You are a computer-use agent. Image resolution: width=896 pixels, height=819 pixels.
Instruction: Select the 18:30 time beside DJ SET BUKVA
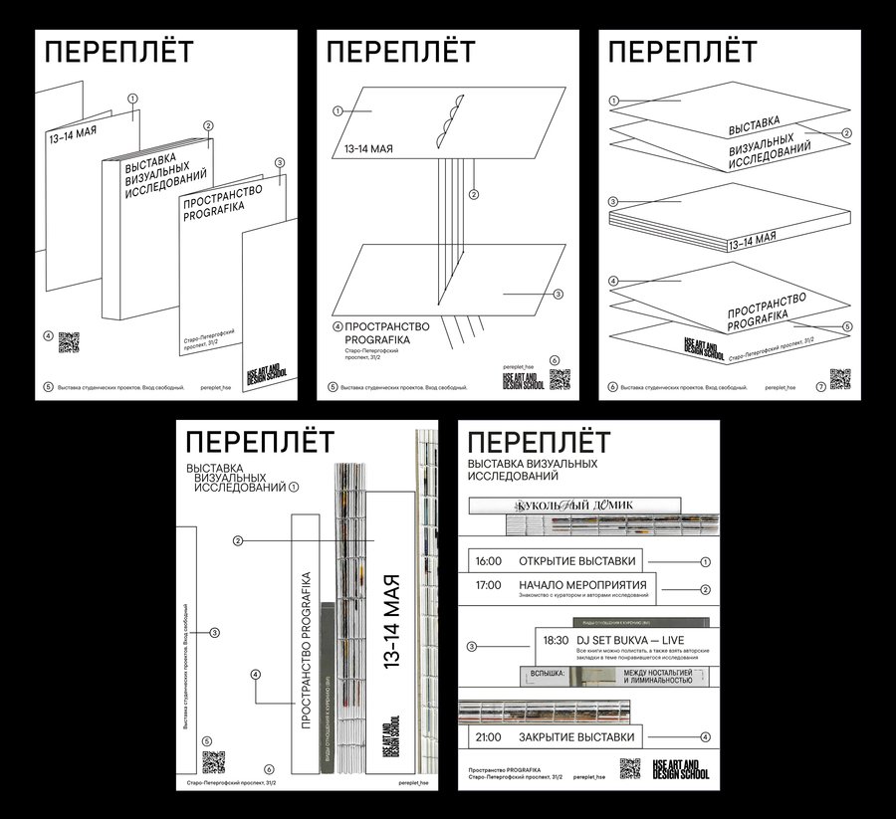(x=555, y=640)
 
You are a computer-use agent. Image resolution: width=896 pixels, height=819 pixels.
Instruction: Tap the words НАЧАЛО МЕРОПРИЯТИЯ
(x=582, y=584)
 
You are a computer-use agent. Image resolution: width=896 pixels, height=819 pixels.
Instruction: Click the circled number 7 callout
(x=819, y=386)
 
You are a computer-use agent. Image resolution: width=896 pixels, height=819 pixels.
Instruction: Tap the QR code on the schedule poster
(x=629, y=768)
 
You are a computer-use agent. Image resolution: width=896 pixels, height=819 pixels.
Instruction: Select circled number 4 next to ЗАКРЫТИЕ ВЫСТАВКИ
(x=705, y=737)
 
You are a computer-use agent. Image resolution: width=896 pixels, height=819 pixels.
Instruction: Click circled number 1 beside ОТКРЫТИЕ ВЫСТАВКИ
(x=705, y=561)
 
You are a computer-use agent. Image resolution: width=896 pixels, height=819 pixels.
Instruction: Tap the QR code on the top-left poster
(x=68, y=341)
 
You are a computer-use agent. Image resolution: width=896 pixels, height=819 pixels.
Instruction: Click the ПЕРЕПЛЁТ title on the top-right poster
(x=682, y=53)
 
